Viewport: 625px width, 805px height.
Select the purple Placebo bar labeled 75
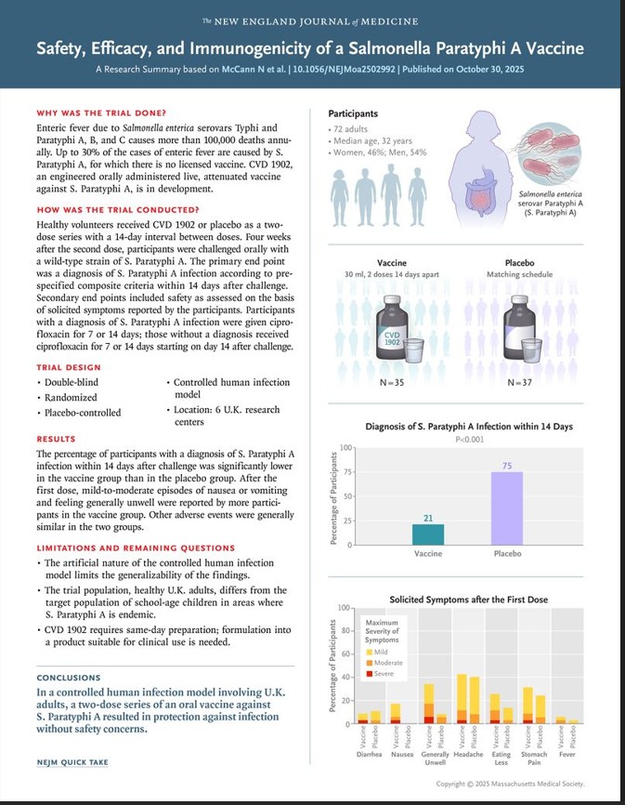507,508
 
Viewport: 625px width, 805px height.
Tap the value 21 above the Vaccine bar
427,517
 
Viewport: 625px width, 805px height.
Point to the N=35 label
391,382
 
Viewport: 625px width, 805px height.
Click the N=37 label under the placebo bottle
521,382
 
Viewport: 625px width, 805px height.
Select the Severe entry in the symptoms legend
381,673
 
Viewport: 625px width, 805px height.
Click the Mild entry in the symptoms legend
380,652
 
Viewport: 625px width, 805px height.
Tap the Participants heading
355,113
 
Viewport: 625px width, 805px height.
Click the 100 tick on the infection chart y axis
345,448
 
